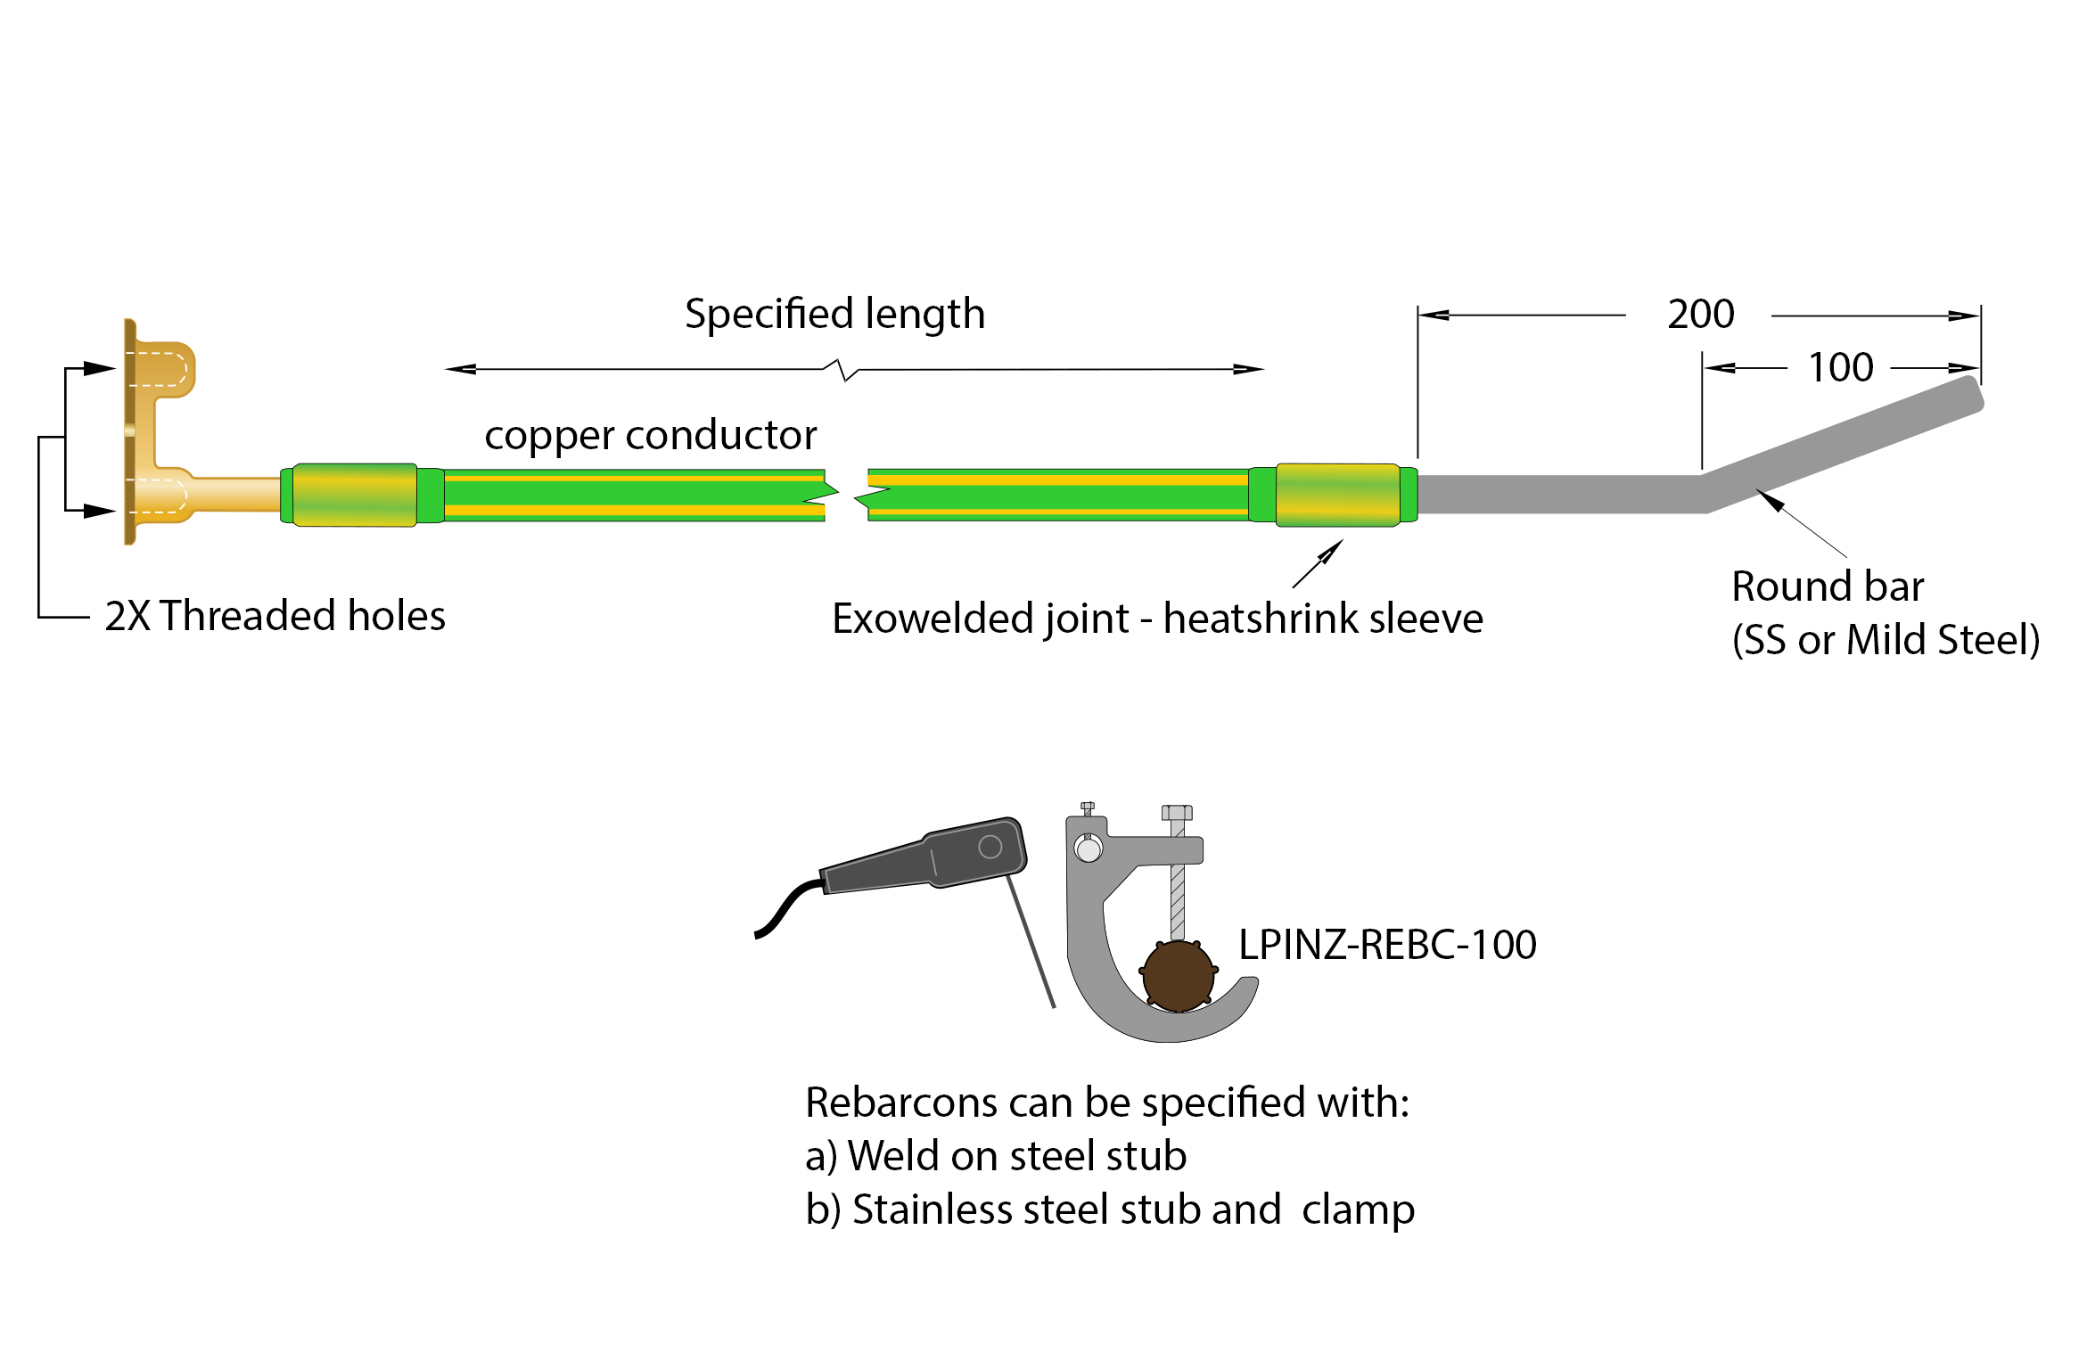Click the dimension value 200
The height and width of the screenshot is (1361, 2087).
coord(1700,315)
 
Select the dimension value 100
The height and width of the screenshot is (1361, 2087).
coord(1840,368)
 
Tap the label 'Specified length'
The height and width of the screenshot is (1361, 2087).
coord(834,314)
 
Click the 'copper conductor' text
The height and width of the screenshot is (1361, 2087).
coord(650,435)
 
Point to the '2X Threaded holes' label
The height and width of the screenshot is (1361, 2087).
coord(275,616)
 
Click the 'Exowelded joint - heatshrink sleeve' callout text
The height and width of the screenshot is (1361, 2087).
coord(1156,619)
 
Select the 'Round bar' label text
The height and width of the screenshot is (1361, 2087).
coord(1827,586)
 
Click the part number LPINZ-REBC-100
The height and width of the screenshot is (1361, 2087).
coord(1387,945)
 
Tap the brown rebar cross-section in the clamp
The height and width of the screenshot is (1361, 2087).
coord(1178,976)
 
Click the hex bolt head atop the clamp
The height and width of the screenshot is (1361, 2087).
coord(1177,813)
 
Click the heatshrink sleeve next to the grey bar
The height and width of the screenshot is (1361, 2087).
coord(1337,496)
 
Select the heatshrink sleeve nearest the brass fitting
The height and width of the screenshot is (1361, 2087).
coord(355,496)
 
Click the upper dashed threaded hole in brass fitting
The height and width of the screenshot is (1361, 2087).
coord(159,369)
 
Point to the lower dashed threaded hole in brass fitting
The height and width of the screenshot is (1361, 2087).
coord(159,496)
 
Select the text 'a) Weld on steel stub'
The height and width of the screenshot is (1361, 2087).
coord(995,1156)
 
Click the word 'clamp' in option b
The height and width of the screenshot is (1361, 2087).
coord(1357,1210)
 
